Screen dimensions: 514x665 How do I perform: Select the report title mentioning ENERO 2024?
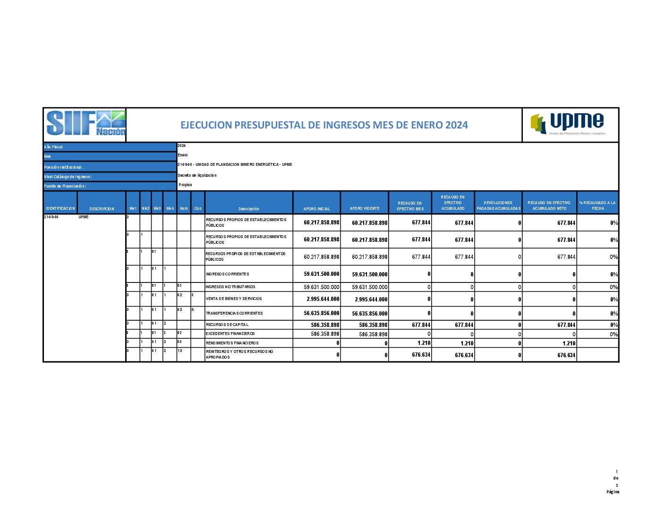[324, 125]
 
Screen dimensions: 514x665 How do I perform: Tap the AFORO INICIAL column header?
[316, 209]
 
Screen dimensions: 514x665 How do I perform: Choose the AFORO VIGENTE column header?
[365, 209]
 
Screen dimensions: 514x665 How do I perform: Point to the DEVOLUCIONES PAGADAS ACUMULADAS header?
[498, 206]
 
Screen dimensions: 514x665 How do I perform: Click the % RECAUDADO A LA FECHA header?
[597, 206]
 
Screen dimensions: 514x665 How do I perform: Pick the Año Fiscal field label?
[53, 147]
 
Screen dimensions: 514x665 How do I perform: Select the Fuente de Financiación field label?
[65, 186]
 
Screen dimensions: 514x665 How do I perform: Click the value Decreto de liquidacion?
[197, 175]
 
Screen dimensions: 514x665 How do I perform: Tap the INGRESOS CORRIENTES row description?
[227, 274]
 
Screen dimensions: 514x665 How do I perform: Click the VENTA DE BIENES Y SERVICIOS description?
[234, 299]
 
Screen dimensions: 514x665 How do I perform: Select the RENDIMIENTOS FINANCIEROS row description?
[232, 343]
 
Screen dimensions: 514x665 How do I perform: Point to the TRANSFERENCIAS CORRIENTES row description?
[234, 313]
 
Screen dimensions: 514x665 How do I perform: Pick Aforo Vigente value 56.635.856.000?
[369, 314]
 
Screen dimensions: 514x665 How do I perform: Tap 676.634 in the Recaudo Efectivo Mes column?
[421, 355]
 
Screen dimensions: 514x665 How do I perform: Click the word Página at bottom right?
[613, 492]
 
